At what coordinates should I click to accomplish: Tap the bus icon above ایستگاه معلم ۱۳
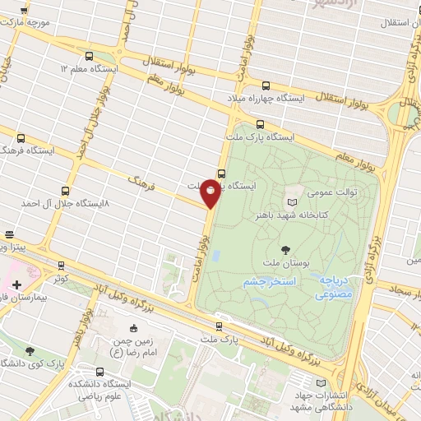point(88,56)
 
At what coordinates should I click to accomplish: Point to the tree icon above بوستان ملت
point(285,249)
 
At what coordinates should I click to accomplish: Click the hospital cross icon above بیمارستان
point(17,285)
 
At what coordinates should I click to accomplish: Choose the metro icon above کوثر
point(61,266)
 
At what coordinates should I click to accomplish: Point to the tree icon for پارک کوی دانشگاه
point(30,351)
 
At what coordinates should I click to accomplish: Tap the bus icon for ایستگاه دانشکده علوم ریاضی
point(100,371)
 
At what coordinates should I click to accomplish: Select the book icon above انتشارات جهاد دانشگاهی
point(321,384)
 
